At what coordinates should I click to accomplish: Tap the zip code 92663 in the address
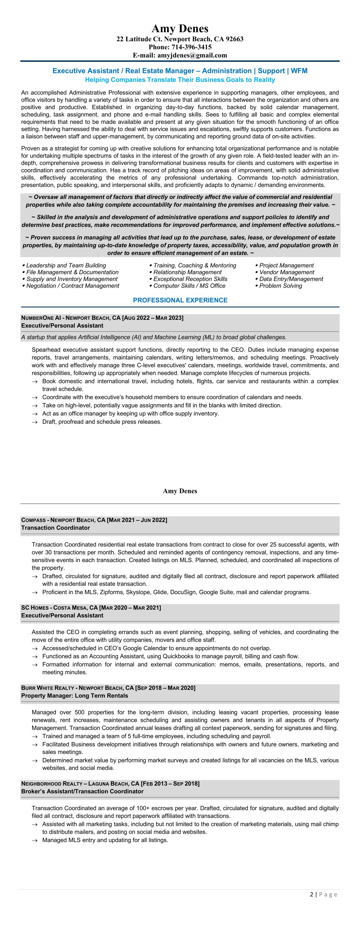pyautogui.click(x=235, y=39)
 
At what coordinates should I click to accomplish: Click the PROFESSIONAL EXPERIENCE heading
pyautogui.click(x=180, y=300)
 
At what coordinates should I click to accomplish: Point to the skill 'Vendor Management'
pyautogui.click(x=287, y=272)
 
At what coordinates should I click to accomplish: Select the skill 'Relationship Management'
pyautogui.click(x=187, y=272)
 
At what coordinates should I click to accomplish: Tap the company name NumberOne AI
pyautogui.click(x=41, y=318)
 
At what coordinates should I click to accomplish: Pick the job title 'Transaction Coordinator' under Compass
pyautogui.click(x=55, y=528)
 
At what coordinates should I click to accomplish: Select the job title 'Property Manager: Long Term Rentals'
pyautogui.click(x=75, y=696)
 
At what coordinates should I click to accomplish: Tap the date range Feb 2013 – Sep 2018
pyautogui.click(x=170, y=784)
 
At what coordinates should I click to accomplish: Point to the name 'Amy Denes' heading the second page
pyautogui.click(x=180, y=491)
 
